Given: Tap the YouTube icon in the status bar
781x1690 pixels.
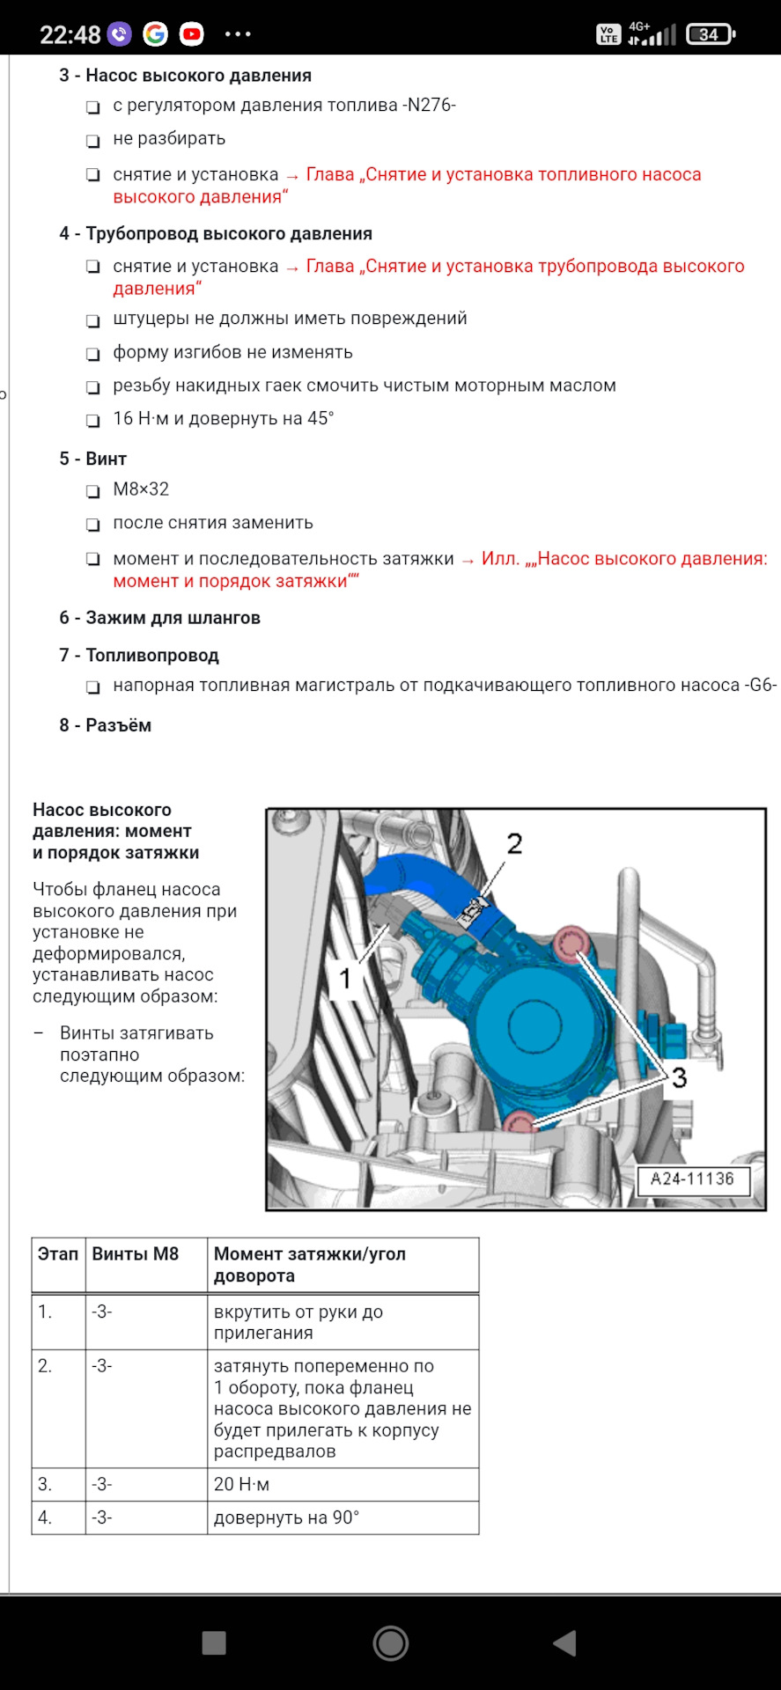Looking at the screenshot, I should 191,34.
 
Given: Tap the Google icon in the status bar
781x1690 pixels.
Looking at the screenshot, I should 156,34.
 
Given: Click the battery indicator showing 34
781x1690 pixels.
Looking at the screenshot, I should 710,34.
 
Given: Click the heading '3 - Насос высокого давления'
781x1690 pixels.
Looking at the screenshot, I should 185,76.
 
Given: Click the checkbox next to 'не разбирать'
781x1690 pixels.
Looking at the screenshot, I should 92,141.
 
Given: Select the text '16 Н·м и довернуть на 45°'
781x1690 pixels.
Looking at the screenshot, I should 223,419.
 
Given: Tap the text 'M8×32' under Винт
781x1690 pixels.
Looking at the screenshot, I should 141,489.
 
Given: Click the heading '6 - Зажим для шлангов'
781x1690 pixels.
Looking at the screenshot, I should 159,618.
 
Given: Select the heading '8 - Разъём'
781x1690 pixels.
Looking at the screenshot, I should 105,725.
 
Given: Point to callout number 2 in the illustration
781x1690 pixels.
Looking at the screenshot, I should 514,844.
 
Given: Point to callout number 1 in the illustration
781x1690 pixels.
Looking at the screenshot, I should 345,978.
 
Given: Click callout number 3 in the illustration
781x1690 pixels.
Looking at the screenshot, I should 679,1077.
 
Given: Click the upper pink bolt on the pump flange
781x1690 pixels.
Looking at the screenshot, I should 570,944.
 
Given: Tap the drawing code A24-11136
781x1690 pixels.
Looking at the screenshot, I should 692,1179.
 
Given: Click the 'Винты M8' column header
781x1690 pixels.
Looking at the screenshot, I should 136,1254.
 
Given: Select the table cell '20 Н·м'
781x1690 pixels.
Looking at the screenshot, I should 241,1484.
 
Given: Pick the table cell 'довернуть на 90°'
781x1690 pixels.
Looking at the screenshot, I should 286,1517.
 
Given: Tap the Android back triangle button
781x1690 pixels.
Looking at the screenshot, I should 564,1642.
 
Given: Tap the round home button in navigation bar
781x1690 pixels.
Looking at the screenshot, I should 390,1642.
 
